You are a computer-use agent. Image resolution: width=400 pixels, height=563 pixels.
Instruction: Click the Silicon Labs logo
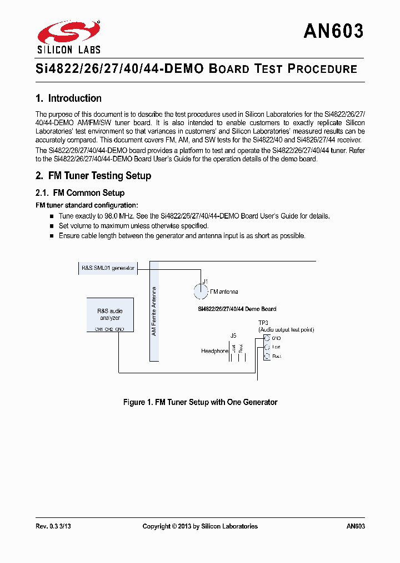[68, 37]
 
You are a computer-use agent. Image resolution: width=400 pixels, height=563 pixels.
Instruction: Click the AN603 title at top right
[333, 31]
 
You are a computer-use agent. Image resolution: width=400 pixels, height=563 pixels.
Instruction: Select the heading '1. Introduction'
[68, 98]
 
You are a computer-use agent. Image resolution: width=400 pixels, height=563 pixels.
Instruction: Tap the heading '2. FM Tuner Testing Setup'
[93, 176]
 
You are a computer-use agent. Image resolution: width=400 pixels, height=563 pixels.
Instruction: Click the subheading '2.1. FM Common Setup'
[80, 193]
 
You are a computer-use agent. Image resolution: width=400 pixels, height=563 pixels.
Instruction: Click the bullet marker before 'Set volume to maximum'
[53, 226]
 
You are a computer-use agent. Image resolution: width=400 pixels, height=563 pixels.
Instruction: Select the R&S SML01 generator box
[108, 268]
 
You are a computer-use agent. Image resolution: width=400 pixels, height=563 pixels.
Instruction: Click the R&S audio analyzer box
[110, 314]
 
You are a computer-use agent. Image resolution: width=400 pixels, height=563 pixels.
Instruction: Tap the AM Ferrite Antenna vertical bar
[154, 312]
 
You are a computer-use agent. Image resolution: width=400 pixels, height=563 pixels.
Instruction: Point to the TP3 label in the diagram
[263, 323]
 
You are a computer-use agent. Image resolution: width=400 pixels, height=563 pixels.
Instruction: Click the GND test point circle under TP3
[267, 338]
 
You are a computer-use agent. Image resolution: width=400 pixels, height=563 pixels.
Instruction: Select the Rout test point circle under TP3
[267, 356]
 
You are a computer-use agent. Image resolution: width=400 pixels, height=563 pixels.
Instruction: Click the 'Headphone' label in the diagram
[214, 351]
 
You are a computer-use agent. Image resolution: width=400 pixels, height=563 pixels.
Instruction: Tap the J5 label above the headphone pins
[233, 335]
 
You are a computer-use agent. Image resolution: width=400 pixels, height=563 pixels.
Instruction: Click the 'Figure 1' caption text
[200, 402]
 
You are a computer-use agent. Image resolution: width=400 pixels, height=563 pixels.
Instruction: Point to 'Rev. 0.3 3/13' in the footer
[53, 526]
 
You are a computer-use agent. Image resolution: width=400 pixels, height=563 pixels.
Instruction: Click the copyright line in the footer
[200, 526]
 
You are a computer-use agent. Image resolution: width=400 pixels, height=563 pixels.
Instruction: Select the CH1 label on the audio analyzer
[92, 329]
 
